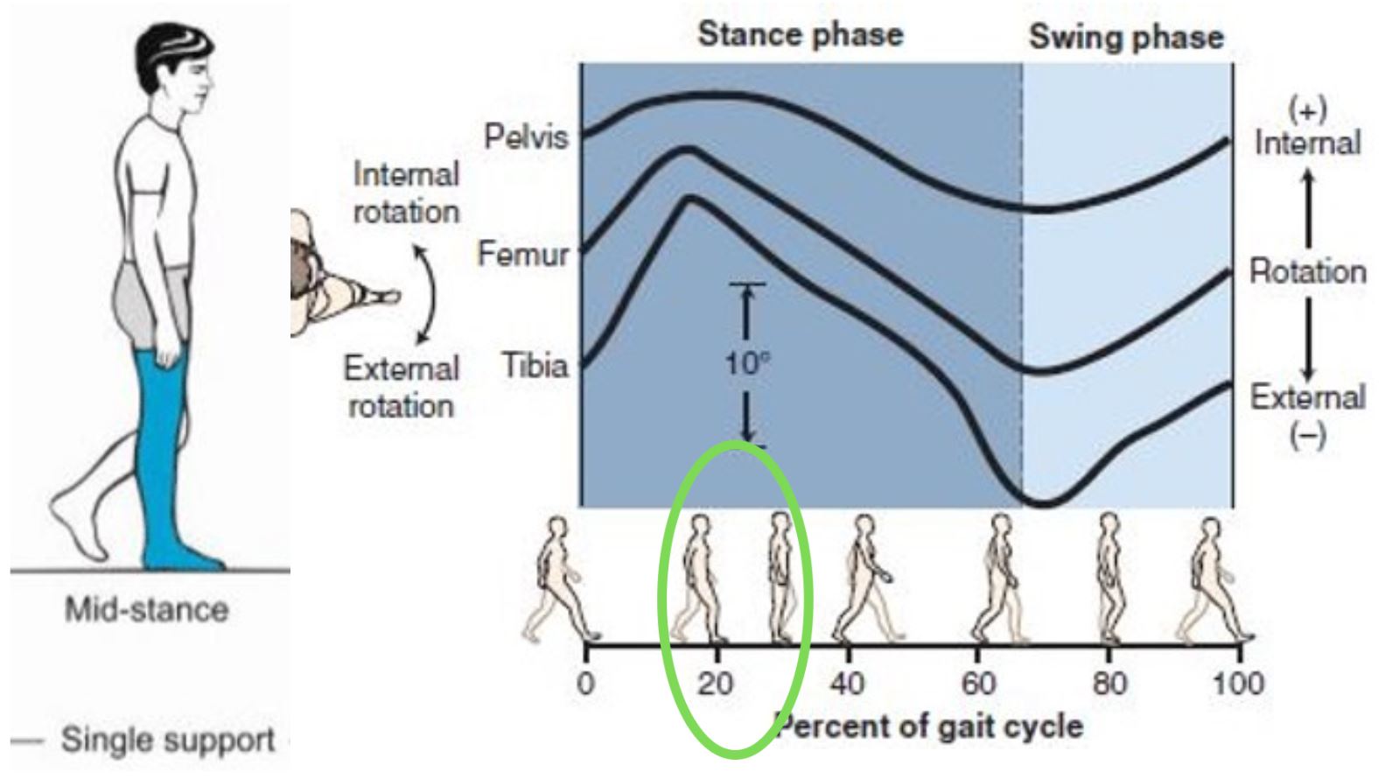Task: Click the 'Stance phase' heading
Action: [x=800, y=35]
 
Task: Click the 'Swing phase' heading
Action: [x=1125, y=37]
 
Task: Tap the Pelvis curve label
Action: [x=526, y=137]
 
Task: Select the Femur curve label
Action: [x=523, y=255]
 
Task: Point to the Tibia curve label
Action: [x=535, y=365]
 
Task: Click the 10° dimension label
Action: [x=746, y=362]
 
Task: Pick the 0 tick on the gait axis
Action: [x=586, y=683]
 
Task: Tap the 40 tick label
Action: [x=847, y=683]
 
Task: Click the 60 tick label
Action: [x=978, y=683]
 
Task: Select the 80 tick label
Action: [x=1109, y=683]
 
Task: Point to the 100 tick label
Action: [x=1237, y=683]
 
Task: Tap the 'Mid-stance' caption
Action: [x=146, y=609]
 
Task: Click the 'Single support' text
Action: [x=167, y=740]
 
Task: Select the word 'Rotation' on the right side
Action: [x=1307, y=271]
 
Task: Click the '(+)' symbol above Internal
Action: [x=1307, y=110]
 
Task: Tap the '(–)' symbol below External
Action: [x=1307, y=435]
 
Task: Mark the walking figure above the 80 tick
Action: [x=1109, y=578]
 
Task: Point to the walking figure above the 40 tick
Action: [x=862, y=578]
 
